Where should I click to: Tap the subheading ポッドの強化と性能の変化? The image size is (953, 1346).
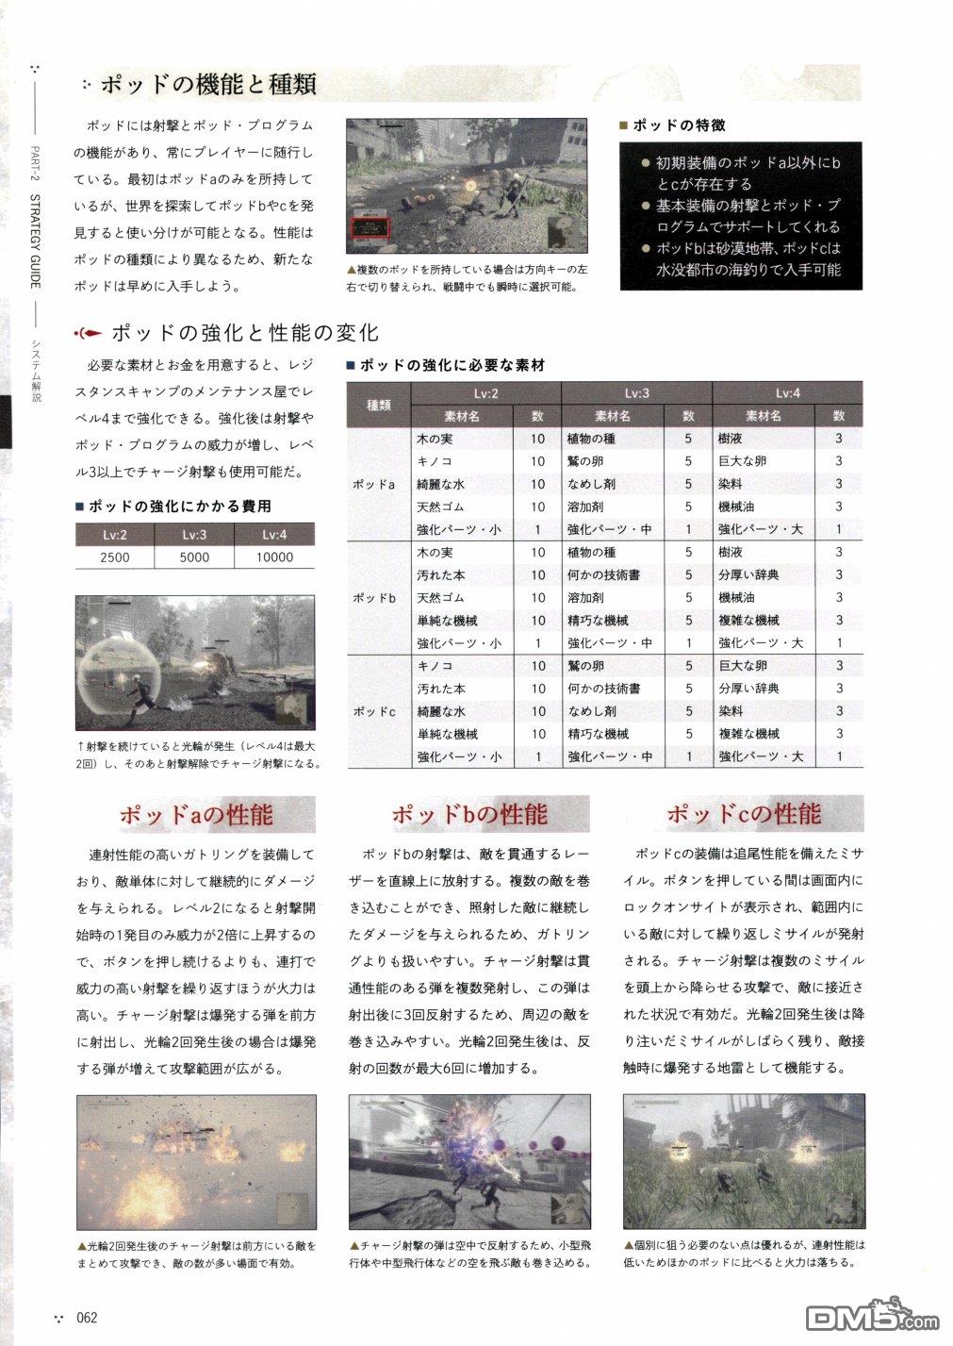pos(243,332)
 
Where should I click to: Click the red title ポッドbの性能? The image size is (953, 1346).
pos(468,814)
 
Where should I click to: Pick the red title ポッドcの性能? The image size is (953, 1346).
pos(744,814)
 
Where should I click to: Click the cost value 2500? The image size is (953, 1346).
pos(115,557)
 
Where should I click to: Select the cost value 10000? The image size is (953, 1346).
pos(274,557)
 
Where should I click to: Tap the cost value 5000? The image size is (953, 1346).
pos(194,557)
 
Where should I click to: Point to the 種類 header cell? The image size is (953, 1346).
pos(380,405)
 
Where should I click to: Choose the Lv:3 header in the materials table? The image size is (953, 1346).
pos(636,393)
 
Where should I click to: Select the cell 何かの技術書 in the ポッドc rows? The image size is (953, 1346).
pos(604,689)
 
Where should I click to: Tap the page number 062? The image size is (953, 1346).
pos(88,1318)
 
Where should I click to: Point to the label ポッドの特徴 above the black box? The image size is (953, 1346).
pos(679,125)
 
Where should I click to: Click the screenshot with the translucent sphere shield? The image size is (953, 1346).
pos(195,662)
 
